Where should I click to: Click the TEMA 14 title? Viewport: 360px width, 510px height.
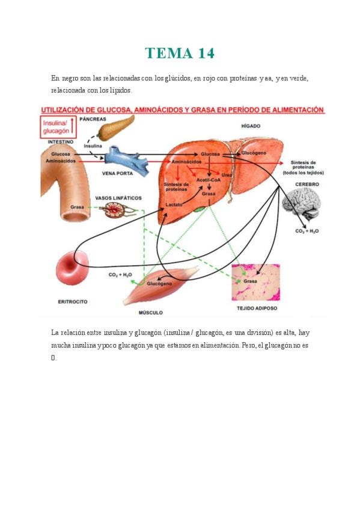(180, 54)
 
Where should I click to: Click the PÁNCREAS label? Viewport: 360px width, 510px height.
(93, 119)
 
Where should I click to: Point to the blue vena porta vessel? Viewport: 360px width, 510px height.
(127, 161)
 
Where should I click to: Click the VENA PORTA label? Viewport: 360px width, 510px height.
(117, 173)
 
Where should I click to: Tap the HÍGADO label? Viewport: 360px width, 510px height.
(251, 126)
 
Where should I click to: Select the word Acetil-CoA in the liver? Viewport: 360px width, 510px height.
(209, 180)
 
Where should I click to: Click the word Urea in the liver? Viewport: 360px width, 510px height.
(227, 175)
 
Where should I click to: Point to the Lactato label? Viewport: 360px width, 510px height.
(174, 204)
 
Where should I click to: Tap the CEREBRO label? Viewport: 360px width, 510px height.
(307, 184)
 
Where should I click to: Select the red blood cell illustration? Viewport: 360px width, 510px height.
(72, 268)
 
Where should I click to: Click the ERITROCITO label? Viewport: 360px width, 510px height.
(73, 301)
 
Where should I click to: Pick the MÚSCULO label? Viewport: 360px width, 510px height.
(150, 313)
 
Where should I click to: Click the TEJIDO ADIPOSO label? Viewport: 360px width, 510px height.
(257, 308)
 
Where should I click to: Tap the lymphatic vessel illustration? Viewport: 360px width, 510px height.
(118, 210)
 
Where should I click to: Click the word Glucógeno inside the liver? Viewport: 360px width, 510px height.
(254, 153)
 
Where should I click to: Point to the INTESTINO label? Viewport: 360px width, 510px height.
(61, 142)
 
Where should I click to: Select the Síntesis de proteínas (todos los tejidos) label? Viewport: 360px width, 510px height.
(303, 168)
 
